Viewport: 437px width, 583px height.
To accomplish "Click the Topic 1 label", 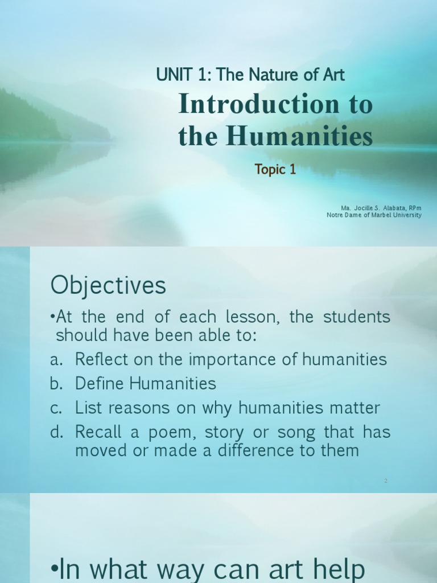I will pyautogui.click(x=275, y=170).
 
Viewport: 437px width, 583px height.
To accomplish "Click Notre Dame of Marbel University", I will pyautogui.click(x=374, y=215).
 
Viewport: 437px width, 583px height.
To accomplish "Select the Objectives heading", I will pyautogui.click(x=108, y=285).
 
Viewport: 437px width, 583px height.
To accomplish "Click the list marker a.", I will pyautogui.click(x=56, y=360).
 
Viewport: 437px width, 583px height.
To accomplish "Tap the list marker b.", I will pyautogui.click(x=56, y=384).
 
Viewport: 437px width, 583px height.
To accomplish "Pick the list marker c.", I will pyautogui.click(x=56, y=408).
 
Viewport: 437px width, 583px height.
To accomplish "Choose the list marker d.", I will pyautogui.click(x=56, y=433).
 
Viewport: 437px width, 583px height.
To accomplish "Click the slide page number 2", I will pyautogui.click(x=385, y=481).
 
